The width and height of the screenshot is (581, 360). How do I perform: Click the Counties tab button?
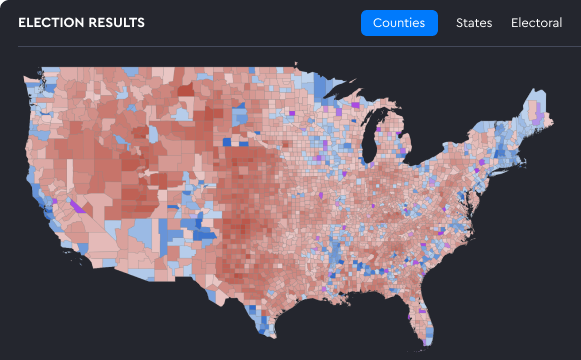[399, 23]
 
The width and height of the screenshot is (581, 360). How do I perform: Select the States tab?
[474, 23]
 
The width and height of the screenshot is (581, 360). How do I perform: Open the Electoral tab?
[536, 23]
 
